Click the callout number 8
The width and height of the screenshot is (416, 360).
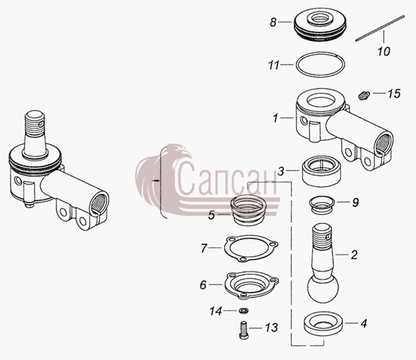point(273,23)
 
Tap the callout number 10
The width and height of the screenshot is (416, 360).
point(384,52)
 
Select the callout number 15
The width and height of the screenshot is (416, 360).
point(394,94)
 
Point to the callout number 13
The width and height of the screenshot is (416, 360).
point(272,328)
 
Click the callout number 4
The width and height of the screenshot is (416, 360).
point(364,323)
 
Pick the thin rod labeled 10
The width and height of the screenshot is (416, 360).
point(380,28)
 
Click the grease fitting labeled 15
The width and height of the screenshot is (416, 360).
point(363,96)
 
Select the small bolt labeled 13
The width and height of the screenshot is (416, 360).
point(244,330)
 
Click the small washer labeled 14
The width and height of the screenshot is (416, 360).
point(243,310)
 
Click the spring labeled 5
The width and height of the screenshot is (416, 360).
point(248,211)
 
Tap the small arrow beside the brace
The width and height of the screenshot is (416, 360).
point(156,181)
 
